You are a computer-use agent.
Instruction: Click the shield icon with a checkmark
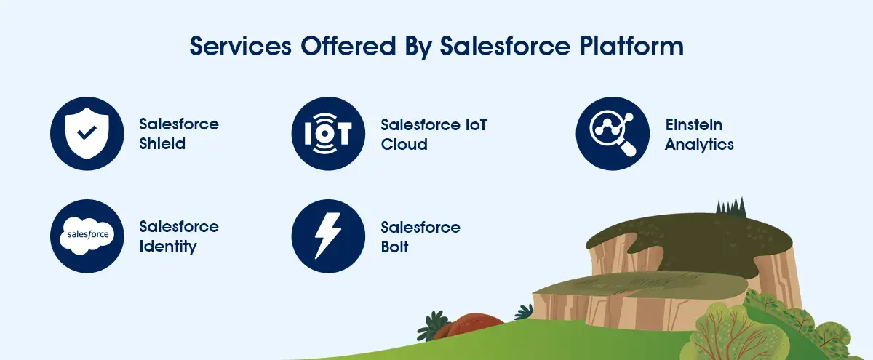(87, 133)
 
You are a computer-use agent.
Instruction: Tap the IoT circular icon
(327, 133)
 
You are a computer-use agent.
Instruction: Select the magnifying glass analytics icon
(613, 133)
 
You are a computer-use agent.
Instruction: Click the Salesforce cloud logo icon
(87, 236)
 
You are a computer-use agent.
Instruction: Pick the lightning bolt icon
(327, 236)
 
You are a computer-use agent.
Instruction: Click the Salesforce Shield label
(179, 134)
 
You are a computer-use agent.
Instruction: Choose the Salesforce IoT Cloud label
(434, 134)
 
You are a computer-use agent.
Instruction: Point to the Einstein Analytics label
(699, 134)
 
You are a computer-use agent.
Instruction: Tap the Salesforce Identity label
(179, 236)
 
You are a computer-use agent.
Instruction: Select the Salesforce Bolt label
(420, 236)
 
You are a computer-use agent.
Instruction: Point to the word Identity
(168, 247)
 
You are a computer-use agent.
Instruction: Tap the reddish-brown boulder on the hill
(474, 327)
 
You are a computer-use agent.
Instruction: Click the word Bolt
(394, 247)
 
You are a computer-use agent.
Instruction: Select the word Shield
(162, 144)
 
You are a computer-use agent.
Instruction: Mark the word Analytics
(699, 144)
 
